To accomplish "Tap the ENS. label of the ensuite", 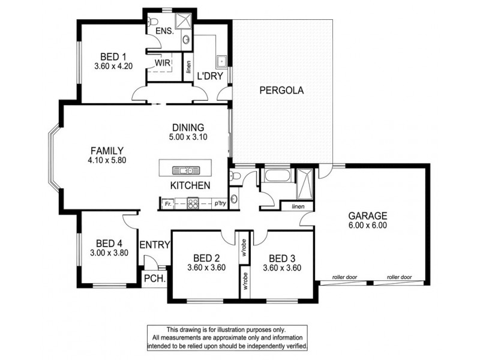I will pyautogui.click(x=164, y=31).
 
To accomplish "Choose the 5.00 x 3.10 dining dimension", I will pyautogui.click(x=188, y=137).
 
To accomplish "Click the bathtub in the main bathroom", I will pyautogui.click(x=277, y=177).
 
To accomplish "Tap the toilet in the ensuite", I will pyautogui.click(x=151, y=22).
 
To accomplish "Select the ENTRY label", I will pyautogui.click(x=154, y=245).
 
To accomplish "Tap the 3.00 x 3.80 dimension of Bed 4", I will pyautogui.click(x=109, y=253).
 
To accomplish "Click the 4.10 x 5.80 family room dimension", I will pyautogui.click(x=107, y=160).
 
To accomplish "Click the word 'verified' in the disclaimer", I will pyautogui.click(x=294, y=347).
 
